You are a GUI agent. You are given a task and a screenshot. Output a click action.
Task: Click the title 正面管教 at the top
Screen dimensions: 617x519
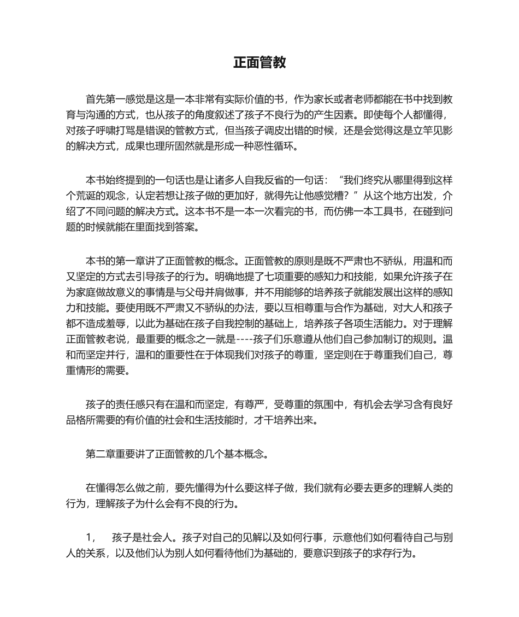click(x=259, y=63)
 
